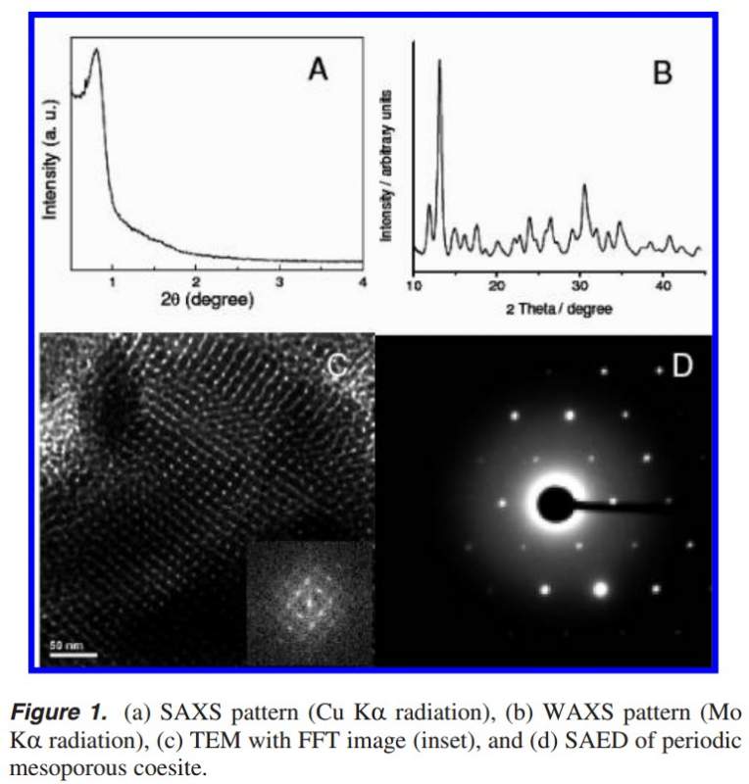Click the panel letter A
click(x=318, y=70)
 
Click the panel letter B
click(x=663, y=73)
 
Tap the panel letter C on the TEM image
click(x=336, y=366)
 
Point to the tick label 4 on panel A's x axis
click(x=362, y=282)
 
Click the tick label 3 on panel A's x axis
click(x=279, y=282)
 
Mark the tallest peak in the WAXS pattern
click(x=439, y=62)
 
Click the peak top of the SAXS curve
click(x=96, y=51)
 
